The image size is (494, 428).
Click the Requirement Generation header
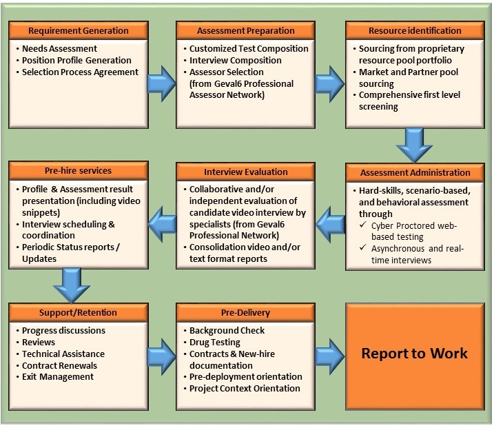78,30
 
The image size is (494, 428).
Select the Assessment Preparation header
245,30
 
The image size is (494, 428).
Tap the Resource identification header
414,30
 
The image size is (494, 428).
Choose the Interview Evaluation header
245,172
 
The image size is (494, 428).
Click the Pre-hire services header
78,171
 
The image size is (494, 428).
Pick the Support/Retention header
78,313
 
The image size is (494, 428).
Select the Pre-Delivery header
245,313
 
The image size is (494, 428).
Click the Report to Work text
414,354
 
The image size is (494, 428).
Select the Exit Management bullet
58,377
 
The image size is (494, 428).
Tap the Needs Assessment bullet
59,49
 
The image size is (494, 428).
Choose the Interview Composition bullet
235,61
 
